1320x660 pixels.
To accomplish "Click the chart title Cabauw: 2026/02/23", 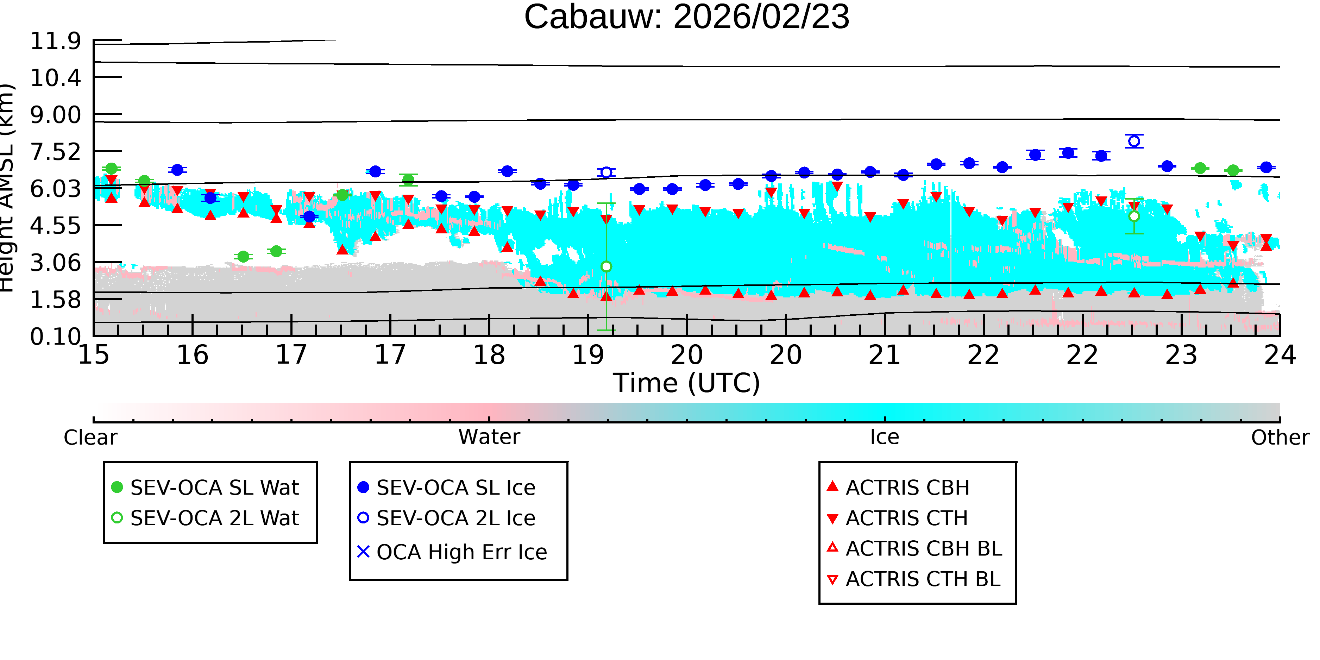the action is [687, 17].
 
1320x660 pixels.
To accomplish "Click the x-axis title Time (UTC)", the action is [687, 383].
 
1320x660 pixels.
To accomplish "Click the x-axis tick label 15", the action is [94, 355].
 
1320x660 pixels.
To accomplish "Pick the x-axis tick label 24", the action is [1280, 355].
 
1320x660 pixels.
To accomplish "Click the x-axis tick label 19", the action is [588, 355].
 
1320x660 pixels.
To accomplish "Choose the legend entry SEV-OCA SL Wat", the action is [205, 487].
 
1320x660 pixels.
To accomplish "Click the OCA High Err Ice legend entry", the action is [452, 552].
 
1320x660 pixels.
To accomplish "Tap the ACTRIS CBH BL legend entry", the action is [915, 548].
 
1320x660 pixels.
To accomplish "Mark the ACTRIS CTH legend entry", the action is [897, 518].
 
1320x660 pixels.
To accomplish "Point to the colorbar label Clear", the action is [90, 438].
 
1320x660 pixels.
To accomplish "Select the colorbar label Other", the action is [1280, 438].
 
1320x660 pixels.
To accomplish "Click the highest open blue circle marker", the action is [1134, 141].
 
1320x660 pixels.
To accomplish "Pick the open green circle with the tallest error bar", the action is [606, 266].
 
